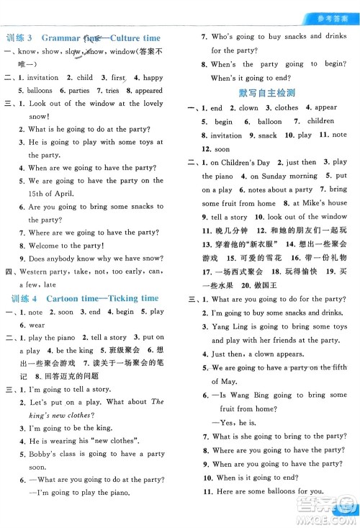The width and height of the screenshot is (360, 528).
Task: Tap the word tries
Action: coord(112,91)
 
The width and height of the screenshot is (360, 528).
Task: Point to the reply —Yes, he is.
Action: coord(233,423)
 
